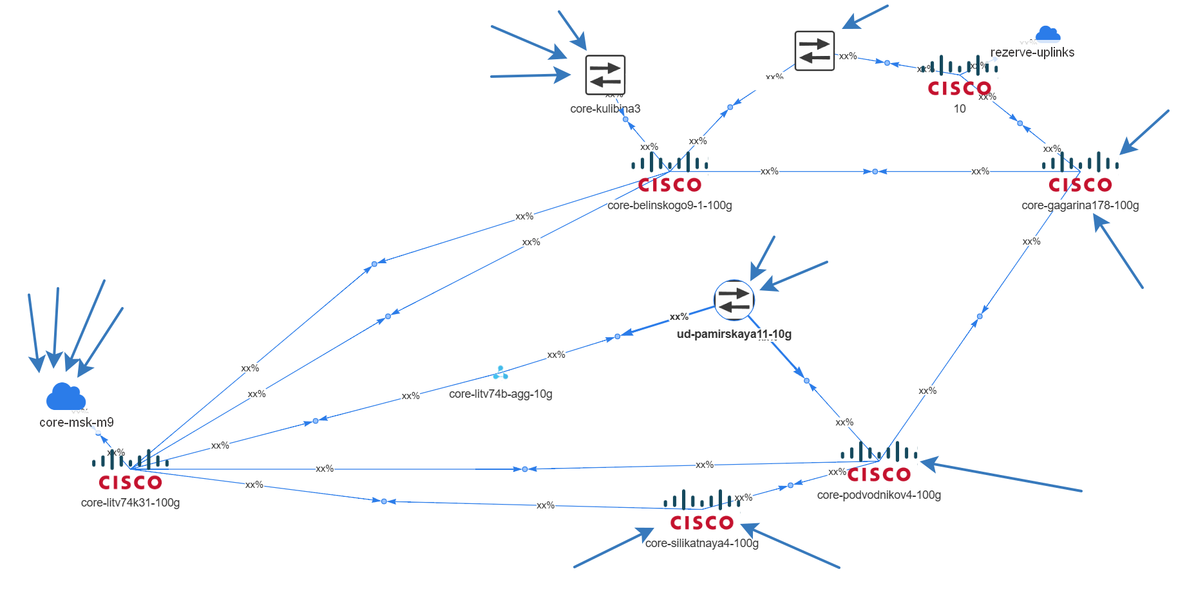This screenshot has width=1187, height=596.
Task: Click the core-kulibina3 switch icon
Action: pyautogui.click(x=605, y=75)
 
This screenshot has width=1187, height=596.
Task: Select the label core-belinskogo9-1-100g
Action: pyautogui.click(x=669, y=205)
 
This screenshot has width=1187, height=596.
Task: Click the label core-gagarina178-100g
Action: pyautogui.click(x=1080, y=205)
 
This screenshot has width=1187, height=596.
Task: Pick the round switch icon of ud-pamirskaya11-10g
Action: pyautogui.click(x=734, y=300)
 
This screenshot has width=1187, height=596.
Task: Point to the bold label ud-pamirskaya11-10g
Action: pyautogui.click(x=734, y=334)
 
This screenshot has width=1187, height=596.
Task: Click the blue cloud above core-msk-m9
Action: pyautogui.click(x=66, y=396)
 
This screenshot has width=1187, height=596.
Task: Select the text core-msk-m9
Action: pyautogui.click(x=76, y=422)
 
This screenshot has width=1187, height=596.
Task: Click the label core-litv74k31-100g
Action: pyautogui.click(x=130, y=503)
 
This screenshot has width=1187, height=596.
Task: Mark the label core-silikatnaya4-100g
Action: pyautogui.click(x=701, y=543)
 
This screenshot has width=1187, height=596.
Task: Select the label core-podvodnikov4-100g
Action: pyautogui.click(x=878, y=495)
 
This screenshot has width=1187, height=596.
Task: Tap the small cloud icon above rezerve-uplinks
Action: pyautogui.click(x=1047, y=34)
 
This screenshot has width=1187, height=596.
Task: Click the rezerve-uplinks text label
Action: pyautogui.click(x=1032, y=52)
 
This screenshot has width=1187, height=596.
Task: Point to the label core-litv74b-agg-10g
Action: pyautogui.click(x=500, y=394)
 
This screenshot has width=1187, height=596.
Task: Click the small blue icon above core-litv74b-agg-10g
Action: pyautogui.click(x=500, y=373)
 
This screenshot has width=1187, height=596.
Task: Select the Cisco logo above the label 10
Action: pyautogui.click(x=959, y=77)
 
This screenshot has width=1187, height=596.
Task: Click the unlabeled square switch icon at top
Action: pyautogui.click(x=814, y=51)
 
